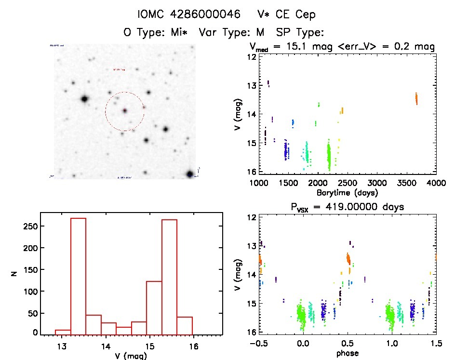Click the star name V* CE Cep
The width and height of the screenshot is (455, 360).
(286, 14)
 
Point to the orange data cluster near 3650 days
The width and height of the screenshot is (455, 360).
(416, 99)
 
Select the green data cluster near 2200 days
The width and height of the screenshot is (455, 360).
(329, 157)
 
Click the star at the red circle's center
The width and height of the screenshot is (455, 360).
(124, 111)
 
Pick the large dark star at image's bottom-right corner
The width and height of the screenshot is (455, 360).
(190, 173)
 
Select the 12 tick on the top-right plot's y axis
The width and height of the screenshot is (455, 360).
(252, 56)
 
